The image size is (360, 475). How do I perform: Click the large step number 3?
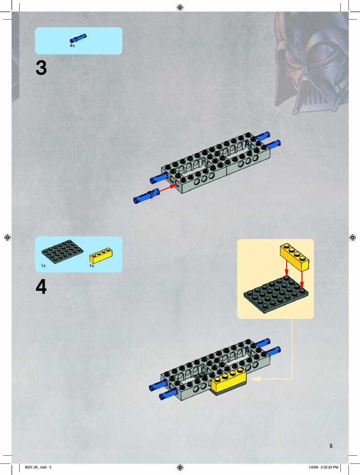[x=41, y=68]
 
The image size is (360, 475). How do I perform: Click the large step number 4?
[x=41, y=287]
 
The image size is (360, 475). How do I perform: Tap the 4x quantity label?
[x=72, y=46]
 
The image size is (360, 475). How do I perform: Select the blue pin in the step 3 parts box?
[x=78, y=38]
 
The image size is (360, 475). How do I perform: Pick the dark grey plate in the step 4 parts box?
[x=62, y=252]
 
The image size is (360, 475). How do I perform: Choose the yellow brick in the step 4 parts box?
[x=101, y=256]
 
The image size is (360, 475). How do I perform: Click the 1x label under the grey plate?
[x=43, y=266]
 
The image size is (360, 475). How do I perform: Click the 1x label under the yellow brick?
[x=92, y=266]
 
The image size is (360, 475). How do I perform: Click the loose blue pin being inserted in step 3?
[x=147, y=196]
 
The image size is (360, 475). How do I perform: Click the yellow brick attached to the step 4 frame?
[x=229, y=380]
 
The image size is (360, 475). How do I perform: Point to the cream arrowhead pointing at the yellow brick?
[x=256, y=378]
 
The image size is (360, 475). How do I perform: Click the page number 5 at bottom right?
[x=331, y=446]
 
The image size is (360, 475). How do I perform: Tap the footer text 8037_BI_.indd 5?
[x=38, y=467]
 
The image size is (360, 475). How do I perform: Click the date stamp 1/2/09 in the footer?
[x=313, y=467]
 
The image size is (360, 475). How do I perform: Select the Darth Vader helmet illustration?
[x=311, y=63]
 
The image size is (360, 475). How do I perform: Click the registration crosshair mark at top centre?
[x=180, y=7]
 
